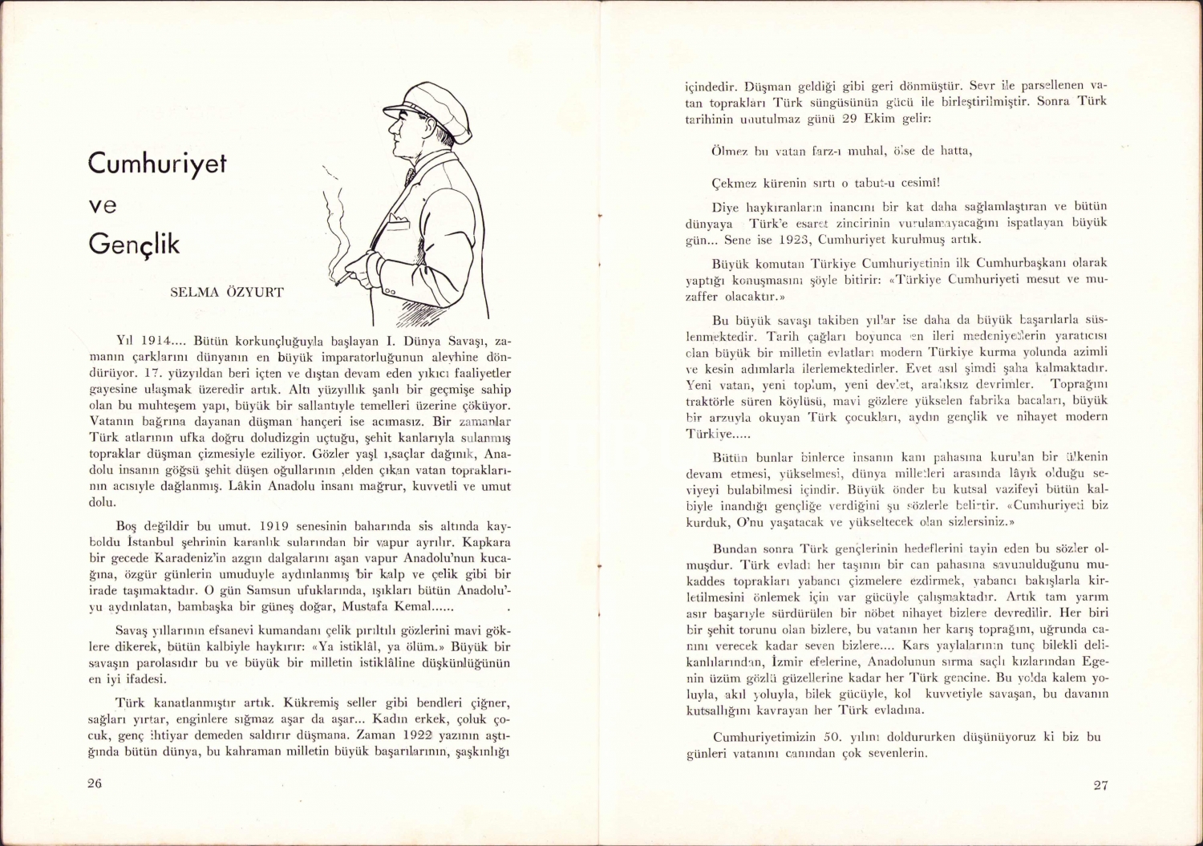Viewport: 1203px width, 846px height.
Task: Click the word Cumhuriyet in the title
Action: [157, 164]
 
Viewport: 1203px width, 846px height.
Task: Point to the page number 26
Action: [95, 783]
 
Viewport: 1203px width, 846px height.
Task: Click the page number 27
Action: [1100, 785]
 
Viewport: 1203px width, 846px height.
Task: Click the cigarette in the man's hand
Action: [342, 280]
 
